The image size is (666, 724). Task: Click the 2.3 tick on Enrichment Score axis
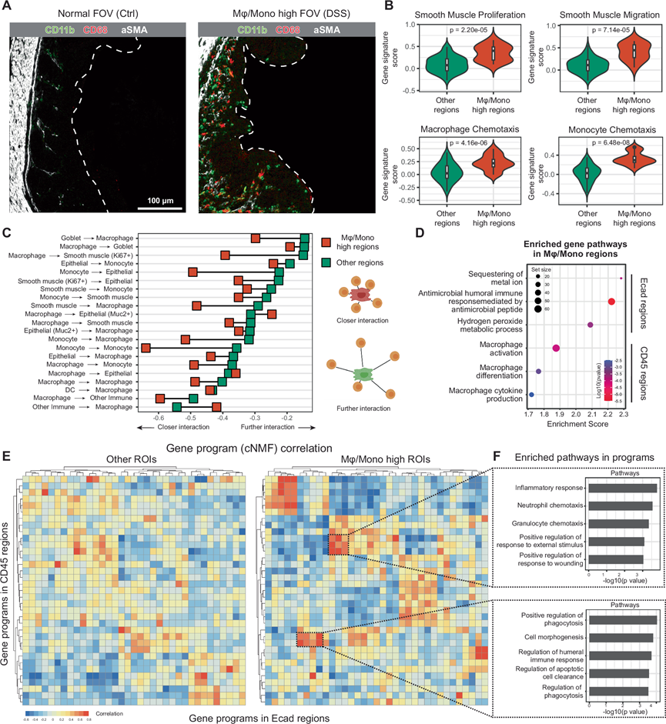(x=624, y=413)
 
